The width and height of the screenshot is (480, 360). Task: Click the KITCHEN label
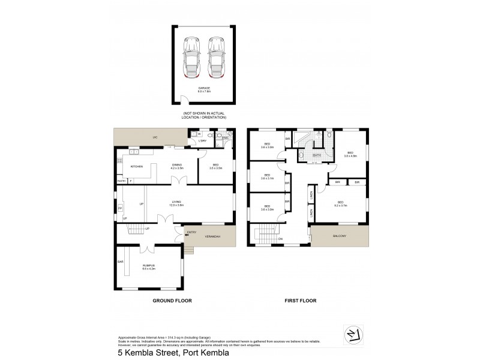(x=136, y=166)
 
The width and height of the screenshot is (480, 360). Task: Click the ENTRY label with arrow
(x=191, y=232)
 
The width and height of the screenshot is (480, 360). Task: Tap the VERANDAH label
(x=214, y=236)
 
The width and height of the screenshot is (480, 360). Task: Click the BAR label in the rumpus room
(x=121, y=262)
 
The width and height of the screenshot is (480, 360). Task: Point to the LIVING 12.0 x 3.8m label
(x=176, y=204)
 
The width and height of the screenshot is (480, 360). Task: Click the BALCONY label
(x=340, y=236)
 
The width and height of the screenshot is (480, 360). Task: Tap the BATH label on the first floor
(x=317, y=155)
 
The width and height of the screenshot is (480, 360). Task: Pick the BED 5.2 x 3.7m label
(x=341, y=204)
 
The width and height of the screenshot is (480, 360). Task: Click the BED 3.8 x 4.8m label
(x=350, y=154)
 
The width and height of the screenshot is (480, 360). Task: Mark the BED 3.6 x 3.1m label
(x=267, y=177)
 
